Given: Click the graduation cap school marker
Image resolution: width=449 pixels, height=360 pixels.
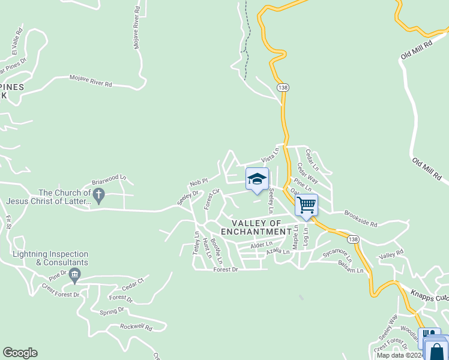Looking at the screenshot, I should (x=257, y=179).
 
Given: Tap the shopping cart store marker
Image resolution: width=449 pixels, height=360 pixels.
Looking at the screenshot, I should (x=306, y=205).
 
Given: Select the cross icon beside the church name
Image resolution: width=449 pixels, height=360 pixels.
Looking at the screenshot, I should (x=100, y=194).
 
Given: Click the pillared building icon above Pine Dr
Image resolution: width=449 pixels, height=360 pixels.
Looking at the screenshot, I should (x=74, y=277).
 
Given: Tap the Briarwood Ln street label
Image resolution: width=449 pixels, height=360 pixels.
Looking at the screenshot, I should (x=109, y=179).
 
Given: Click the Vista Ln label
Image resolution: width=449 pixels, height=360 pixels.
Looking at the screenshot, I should (x=270, y=155).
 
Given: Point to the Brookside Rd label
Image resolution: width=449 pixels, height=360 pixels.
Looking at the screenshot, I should (x=361, y=219).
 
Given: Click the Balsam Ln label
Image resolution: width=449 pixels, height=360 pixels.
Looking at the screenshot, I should (x=351, y=268).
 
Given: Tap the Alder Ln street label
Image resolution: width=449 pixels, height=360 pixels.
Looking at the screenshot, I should (x=261, y=245).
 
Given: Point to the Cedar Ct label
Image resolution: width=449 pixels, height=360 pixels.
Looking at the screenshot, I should (x=133, y=281).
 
